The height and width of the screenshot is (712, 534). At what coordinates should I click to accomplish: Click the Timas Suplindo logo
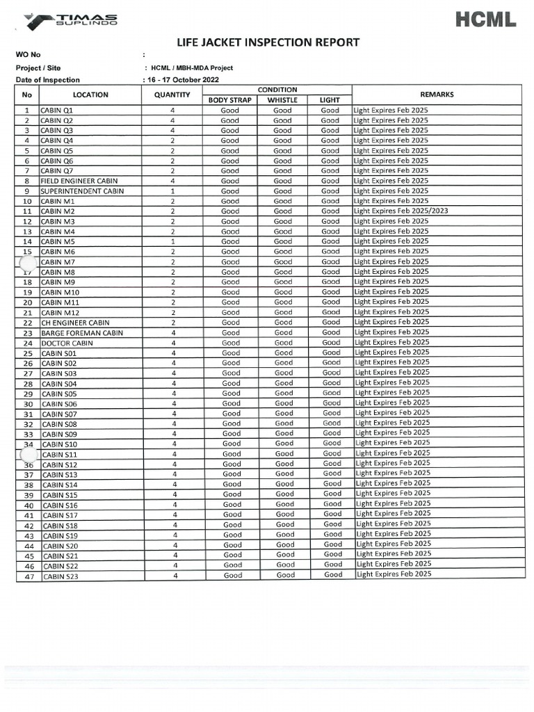tap(70, 20)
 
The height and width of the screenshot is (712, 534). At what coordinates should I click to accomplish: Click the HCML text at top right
tap(486, 20)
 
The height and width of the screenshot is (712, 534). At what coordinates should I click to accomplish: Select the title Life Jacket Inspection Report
tap(268, 43)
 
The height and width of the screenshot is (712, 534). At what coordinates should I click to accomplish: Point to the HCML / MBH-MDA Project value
tap(191, 67)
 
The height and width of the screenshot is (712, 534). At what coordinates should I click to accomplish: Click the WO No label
tap(29, 55)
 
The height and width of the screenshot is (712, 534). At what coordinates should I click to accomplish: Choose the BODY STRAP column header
tap(229, 100)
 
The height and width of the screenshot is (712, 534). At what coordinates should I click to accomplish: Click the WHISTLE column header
tap(282, 100)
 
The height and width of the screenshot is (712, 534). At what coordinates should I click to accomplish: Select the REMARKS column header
tap(437, 95)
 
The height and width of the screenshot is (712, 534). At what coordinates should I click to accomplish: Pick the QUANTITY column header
tap(172, 95)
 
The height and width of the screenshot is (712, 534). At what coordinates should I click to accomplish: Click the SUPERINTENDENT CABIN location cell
tap(82, 191)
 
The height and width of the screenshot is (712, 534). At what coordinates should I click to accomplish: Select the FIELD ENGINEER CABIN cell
tap(79, 181)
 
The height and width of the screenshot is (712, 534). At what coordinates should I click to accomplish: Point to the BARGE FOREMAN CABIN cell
tap(82, 332)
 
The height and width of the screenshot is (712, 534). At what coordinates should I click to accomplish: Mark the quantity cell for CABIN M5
tap(172, 241)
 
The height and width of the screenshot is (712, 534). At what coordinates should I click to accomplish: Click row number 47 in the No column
tap(29, 576)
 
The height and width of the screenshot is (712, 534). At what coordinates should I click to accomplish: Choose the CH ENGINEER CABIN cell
tap(75, 323)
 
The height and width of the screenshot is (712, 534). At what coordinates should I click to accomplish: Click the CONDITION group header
tap(277, 90)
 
